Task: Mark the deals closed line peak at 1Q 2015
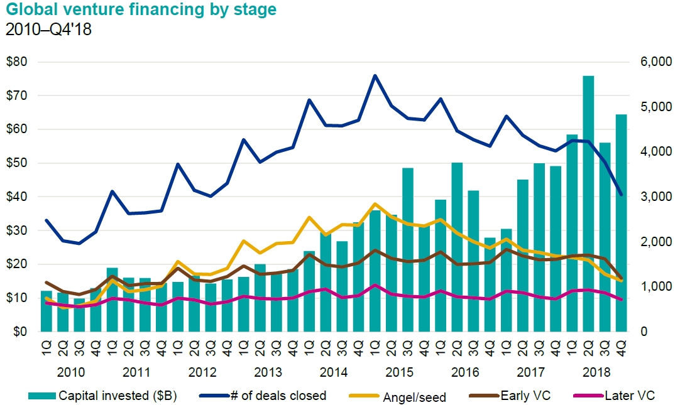(x=375, y=75)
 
